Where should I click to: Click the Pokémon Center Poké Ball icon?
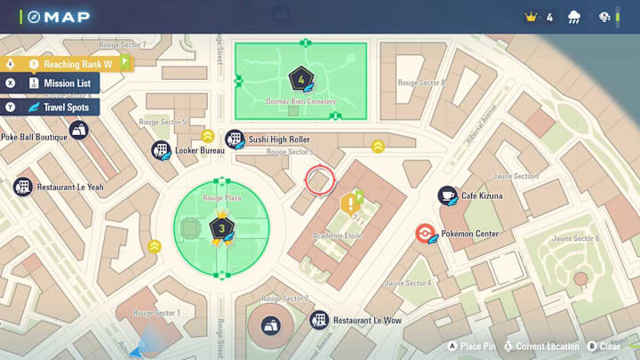425,234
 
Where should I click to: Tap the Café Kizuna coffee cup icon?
447,196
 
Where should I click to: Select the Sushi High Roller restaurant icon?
234,140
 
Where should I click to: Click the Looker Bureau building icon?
161,150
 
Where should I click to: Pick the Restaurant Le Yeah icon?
23,187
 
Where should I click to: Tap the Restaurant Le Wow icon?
318,320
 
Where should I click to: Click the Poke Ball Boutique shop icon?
79,130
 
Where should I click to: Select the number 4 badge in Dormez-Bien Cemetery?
301,79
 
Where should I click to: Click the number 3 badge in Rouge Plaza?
220,228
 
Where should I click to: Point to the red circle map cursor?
319,180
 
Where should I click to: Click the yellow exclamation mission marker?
350,204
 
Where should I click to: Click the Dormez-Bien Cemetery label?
301,102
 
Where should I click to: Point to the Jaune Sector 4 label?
407,283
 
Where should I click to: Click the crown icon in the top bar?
532,17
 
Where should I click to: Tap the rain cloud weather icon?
574,17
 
